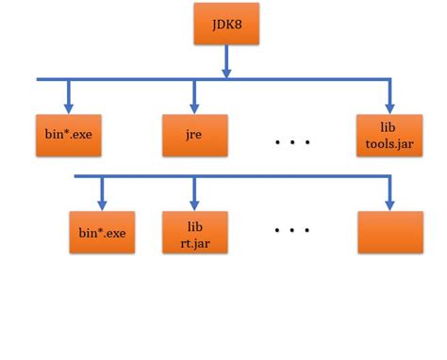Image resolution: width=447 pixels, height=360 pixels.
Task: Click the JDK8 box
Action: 226,24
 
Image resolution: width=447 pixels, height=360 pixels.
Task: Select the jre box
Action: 193,135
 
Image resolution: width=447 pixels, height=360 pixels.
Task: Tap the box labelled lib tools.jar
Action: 389,135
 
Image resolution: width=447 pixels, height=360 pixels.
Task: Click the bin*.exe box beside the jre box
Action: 68,135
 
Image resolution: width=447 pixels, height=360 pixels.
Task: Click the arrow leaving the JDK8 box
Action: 226,61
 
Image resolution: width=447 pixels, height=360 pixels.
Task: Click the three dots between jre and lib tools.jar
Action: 292,141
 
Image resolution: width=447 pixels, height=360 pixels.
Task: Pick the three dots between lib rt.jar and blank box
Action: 292,229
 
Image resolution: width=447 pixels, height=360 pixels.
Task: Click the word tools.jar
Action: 389,143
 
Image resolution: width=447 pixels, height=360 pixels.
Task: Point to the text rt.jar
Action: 194,241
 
